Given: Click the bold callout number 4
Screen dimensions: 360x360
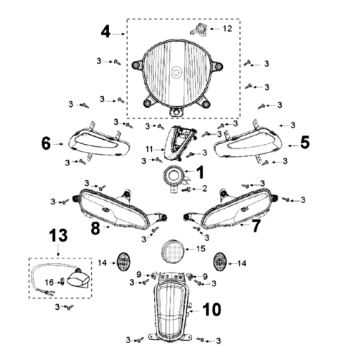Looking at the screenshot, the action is [x=105, y=32].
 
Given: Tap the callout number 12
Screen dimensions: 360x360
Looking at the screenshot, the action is [x=227, y=29].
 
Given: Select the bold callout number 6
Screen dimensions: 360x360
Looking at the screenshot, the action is [x=46, y=144].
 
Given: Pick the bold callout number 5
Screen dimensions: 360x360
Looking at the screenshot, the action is [x=305, y=142].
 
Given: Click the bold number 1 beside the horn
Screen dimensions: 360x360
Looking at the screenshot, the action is [x=200, y=173].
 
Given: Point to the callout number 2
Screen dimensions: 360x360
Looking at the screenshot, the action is [x=204, y=189].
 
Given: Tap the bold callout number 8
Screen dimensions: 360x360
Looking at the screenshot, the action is [x=95, y=229].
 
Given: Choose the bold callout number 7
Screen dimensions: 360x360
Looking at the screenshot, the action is [x=255, y=226].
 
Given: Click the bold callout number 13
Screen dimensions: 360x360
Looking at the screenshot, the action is [x=58, y=235].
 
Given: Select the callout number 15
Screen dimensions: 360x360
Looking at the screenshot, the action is [x=201, y=249].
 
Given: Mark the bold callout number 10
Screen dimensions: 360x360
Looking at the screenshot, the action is [x=211, y=310].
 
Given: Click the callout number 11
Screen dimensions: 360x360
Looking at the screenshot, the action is [x=150, y=149].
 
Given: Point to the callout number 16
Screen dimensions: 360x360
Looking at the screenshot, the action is [x=49, y=283].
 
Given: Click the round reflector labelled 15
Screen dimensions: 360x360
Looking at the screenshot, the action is [x=173, y=251].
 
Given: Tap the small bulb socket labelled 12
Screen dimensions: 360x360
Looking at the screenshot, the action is [x=199, y=30].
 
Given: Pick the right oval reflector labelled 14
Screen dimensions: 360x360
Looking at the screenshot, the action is [x=220, y=262].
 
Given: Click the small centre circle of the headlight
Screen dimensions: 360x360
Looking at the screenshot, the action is [x=176, y=72].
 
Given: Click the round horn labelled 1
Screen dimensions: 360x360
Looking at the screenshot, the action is [x=174, y=176].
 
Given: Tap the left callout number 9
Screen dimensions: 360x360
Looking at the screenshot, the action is [x=139, y=275].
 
